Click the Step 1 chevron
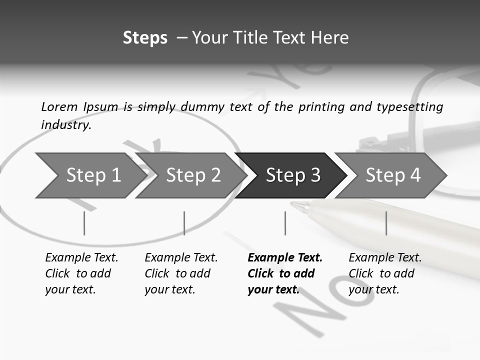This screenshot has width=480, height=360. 90,175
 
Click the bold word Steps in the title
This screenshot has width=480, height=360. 145,38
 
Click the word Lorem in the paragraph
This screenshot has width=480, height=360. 59,106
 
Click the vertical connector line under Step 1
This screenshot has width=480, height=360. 84,223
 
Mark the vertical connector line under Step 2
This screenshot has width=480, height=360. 184,223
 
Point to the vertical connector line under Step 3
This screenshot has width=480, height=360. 285,223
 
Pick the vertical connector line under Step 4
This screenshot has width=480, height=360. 386,223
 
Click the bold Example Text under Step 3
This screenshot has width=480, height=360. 285,258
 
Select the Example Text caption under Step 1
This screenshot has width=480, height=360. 81,258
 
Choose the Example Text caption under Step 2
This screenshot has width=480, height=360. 181,258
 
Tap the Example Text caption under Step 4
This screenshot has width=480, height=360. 385,258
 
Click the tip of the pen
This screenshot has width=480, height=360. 293,204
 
